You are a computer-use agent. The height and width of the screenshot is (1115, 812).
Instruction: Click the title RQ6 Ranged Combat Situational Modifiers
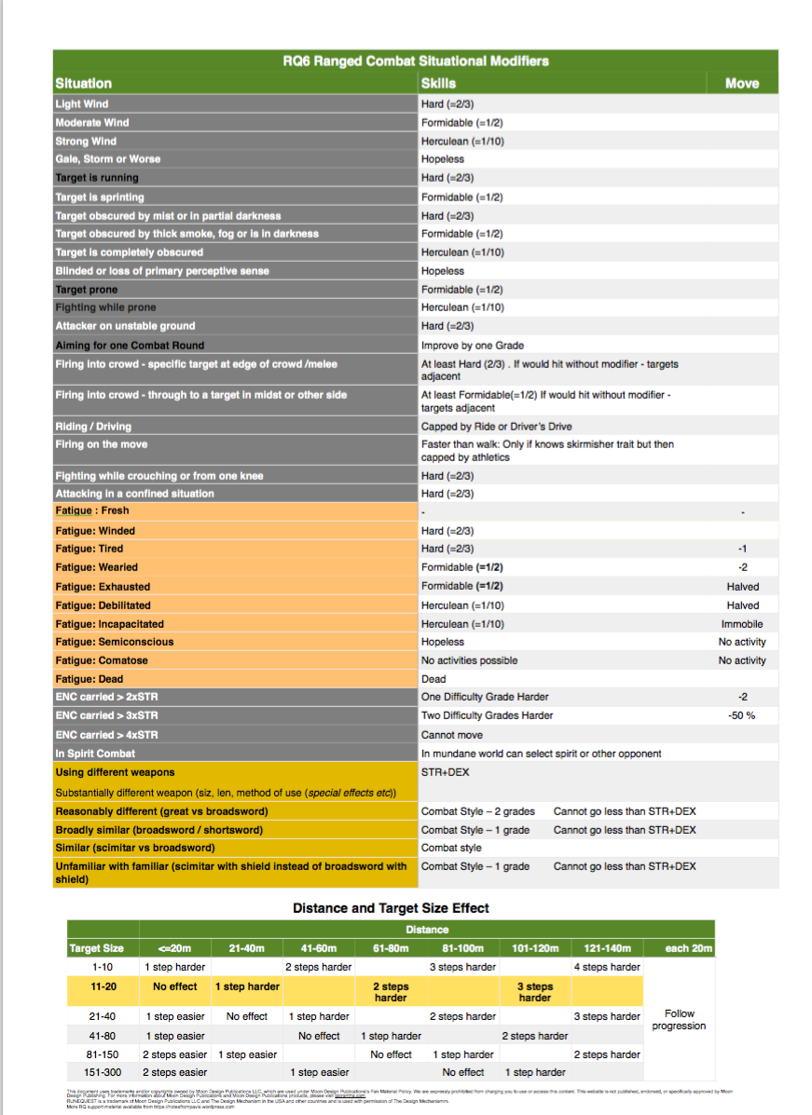point(416,61)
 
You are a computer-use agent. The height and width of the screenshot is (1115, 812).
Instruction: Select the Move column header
point(741,83)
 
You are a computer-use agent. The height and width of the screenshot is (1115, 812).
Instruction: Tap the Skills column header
point(438,83)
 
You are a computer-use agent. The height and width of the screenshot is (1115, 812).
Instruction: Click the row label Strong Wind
point(86,141)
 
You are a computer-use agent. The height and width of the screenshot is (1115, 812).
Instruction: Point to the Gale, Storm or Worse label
point(107,159)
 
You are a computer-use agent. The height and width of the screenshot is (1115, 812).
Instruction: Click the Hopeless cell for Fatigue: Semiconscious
point(442,642)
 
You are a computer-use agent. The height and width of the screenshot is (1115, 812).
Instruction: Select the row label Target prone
point(87,290)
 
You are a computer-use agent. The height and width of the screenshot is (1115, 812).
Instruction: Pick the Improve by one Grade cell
point(472,345)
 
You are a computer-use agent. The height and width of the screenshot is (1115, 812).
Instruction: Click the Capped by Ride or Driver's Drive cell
point(496,427)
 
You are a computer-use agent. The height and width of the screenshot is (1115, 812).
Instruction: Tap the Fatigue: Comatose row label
point(102,660)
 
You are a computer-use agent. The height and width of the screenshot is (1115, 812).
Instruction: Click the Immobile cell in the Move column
point(742,624)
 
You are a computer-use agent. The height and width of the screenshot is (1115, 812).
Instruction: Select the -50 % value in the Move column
point(742,715)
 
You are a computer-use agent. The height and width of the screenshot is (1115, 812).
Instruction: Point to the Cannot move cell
point(452,734)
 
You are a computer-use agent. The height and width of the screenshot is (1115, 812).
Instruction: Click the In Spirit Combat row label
point(95,753)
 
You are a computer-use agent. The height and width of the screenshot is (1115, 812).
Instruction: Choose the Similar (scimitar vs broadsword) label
point(135,848)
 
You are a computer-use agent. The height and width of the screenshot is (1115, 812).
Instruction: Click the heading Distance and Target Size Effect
point(391,907)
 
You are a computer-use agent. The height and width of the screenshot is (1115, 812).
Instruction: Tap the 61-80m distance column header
point(391,948)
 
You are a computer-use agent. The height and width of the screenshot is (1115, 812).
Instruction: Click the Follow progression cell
point(678,1020)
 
